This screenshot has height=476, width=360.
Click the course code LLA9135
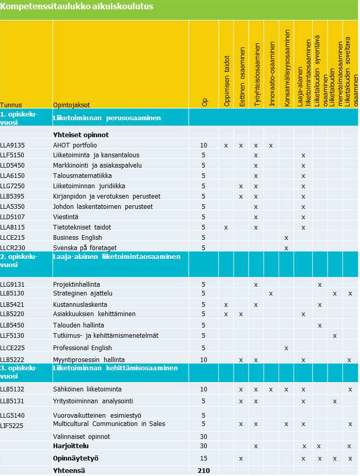pyautogui.click(x=12, y=145)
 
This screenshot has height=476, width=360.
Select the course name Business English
pyautogui.click(x=77, y=238)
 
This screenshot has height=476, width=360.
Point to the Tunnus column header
pyautogui.click(x=11, y=104)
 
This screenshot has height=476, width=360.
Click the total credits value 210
pyautogui.click(x=204, y=470)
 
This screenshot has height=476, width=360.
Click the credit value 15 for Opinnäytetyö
pyautogui.click(x=204, y=458)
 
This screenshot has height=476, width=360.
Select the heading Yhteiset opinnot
pyautogui.click(x=81, y=135)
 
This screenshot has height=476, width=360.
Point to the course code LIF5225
pyautogui.click(x=12, y=426)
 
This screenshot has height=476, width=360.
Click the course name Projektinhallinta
pyautogui.click(x=76, y=284)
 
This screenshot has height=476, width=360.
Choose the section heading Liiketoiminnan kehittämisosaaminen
pyautogui.click(x=116, y=369)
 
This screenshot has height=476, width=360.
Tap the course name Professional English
pyautogui.click(x=83, y=348)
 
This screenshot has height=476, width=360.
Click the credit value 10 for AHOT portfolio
pyautogui.click(x=204, y=145)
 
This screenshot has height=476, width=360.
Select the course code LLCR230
pyautogui.click(x=12, y=248)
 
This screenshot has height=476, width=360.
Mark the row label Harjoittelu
pyautogui.click(x=71, y=446)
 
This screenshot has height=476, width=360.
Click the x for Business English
pyautogui.click(x=286, y=238)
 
